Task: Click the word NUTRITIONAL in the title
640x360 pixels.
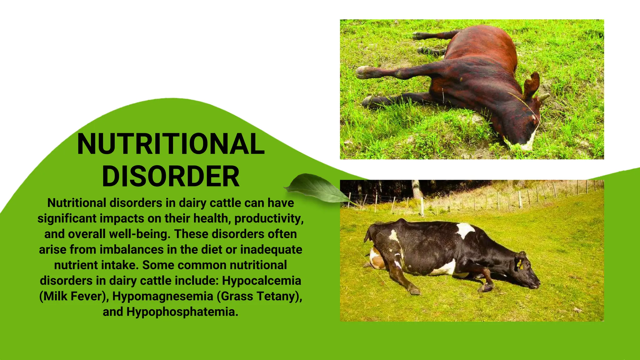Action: pyautogui.click(x=171, y=144)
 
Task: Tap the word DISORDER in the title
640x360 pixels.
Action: pyautogui.click(x=171, y=176)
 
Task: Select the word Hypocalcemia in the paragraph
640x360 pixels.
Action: pyautogui.click(x=261, y=281)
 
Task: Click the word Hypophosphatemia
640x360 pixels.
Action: pyautogui.click(x=182, y=312)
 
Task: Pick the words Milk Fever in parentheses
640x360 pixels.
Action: pyautogui.click(x=73, y=296)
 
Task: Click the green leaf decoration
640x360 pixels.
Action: pyautogui.click(x=316, y=187)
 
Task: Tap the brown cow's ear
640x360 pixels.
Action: pyautogui.click(x=532, y=83)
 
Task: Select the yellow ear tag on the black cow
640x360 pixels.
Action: pyautogui.click(x=520, y=263)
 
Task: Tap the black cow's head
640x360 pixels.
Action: pyautogui.click(x=528, y=272)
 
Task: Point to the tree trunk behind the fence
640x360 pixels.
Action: pyautogui.click(x=417, y=189)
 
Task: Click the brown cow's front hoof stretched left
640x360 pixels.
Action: pyautogui.click(x=362, y=72)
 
